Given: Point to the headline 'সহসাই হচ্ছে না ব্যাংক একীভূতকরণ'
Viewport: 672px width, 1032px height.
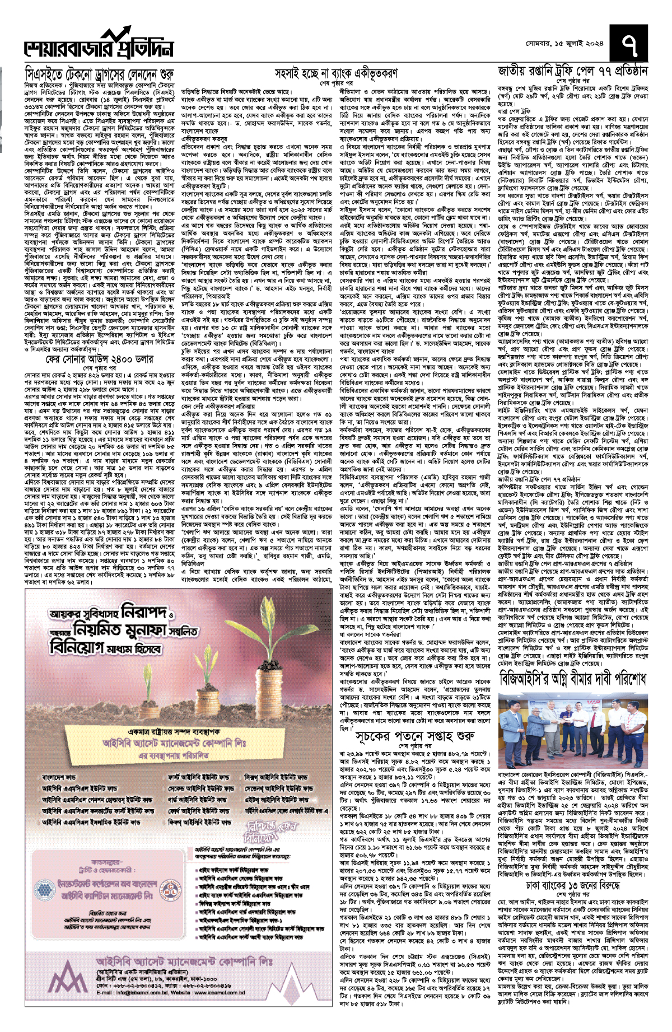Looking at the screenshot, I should [336, 73].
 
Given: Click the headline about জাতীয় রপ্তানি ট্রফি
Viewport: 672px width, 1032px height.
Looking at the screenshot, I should [573, 72].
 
